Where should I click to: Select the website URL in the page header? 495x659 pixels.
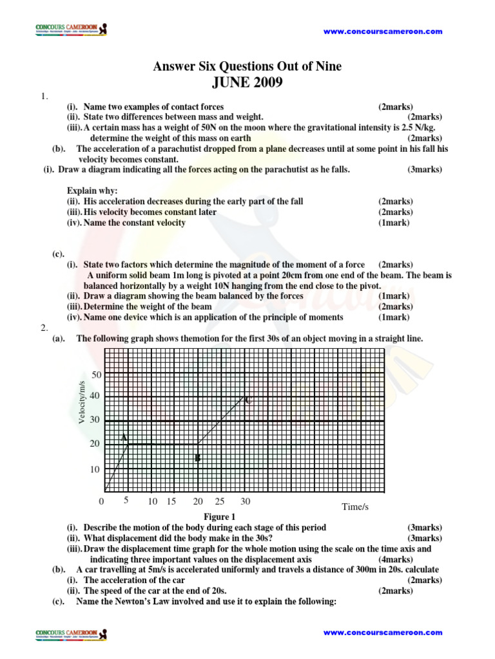tap(382, 31)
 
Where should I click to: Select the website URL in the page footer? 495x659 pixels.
tap(382, 633)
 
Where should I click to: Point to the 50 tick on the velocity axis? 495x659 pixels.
tap(97, 375)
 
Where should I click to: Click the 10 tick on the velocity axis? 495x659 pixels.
tap(95, 470)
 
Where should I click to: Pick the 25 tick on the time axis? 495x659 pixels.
tap(220, 501)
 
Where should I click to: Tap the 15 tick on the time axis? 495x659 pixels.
tap(171, 501)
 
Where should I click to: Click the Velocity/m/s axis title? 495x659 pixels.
tap(82, 402)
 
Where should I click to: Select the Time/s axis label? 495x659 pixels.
tap(355, 507)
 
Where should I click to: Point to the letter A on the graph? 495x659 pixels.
tap(124, 438)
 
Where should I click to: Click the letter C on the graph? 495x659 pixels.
tap(247, 401)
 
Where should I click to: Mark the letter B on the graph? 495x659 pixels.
tap(198, 458)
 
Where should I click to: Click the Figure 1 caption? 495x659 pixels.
tap(220, 517)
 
